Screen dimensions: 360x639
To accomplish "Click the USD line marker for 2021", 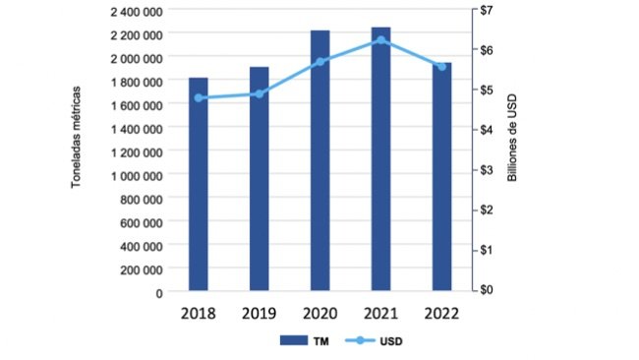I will click(380, 40).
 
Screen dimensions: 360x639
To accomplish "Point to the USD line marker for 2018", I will click(199, 97).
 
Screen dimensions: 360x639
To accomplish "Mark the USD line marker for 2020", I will click(319, 61).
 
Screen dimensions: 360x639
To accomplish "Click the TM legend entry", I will click(306, 341).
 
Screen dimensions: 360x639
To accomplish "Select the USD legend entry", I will click(376, 341).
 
